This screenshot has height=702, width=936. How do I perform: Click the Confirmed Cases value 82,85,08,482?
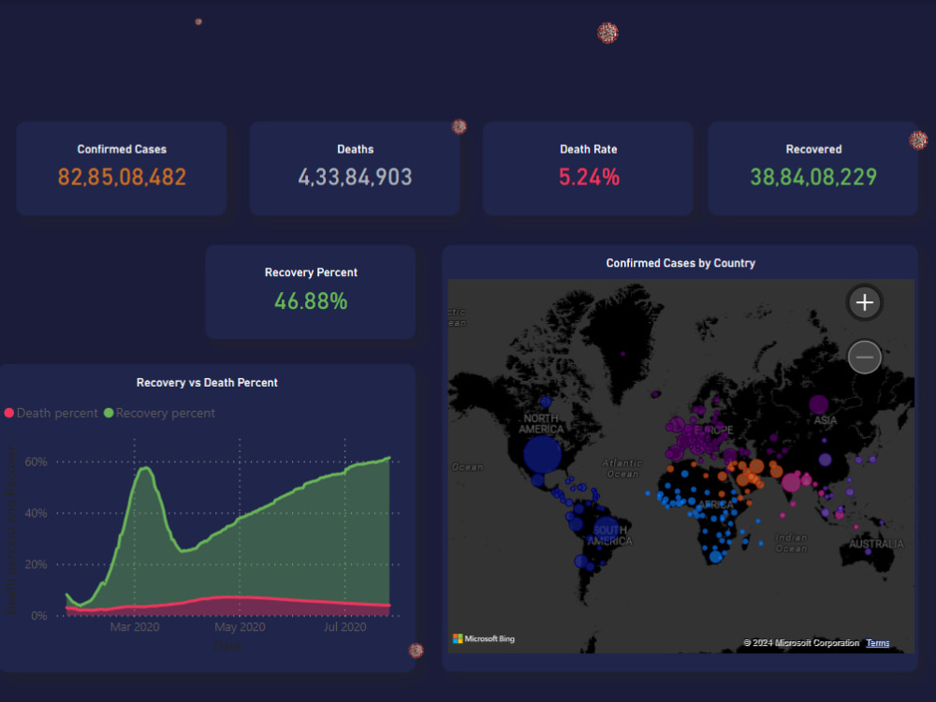(x=122, y=177)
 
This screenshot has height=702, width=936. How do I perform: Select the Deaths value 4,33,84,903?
(x=355, y=177)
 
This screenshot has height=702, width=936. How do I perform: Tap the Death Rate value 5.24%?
(x=589, y=177)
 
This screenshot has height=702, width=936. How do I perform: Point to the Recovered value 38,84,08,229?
(x=812, y=177)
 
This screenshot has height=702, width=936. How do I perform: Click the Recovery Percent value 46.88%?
(x=311, y=301)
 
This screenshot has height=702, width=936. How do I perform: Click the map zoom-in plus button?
(x=865, y=302)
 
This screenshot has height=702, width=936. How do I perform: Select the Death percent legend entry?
(x=51, y=413)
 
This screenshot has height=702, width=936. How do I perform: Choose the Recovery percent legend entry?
(x=159, y=413)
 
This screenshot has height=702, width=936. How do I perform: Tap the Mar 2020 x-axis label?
(x=135, y=627)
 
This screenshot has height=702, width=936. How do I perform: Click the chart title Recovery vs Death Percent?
(x=207, y=383)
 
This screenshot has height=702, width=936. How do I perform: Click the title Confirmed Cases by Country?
(x=680, y=263)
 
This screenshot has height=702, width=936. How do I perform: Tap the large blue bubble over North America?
(x=542, y=455)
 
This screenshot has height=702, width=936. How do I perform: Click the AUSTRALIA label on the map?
(x=877, y=544)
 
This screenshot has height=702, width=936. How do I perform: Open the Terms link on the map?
(x=878, y=643)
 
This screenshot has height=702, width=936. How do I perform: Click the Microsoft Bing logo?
(x=484, y=639)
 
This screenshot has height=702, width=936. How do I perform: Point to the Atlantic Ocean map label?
(x=622, y=468)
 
